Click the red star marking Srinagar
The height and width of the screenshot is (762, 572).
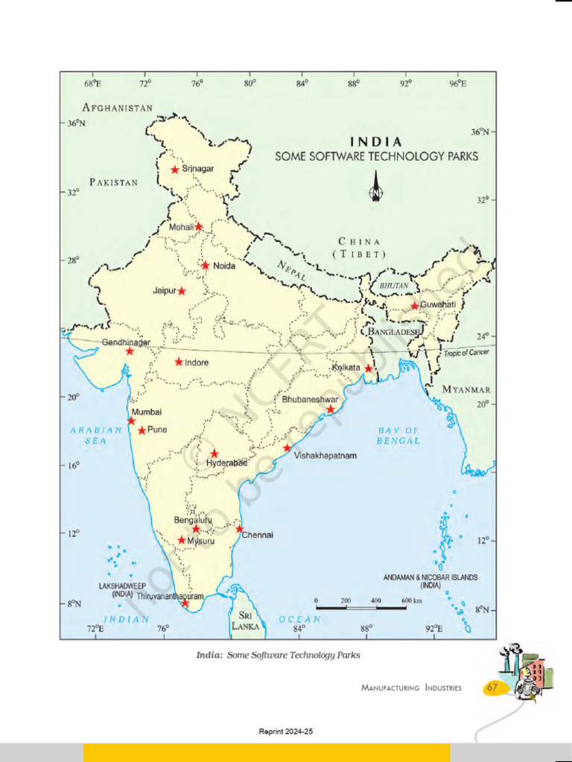tap(175, 170)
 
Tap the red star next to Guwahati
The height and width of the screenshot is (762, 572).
tap(415, 306)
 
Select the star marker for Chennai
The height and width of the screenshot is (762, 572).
tap(240, 529)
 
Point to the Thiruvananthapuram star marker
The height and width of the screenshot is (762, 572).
tap(185, 603)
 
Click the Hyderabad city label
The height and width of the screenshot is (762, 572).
tap(226, 463)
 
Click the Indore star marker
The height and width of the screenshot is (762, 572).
tap(179, 362)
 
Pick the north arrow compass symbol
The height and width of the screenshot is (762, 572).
tap(376, 186)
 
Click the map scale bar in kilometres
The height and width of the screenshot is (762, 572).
tap(361, 607)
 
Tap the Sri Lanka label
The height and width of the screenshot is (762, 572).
tap(245, 621)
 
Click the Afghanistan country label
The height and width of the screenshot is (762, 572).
tap(118, 108)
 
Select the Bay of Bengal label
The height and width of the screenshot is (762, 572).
tap(398, 435)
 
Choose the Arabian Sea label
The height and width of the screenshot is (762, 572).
tap(96, 435)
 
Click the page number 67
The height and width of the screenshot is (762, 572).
tap(492, 688)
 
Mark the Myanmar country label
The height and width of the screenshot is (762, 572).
tap(466, 389)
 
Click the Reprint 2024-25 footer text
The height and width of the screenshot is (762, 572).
tap(286, 732)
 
